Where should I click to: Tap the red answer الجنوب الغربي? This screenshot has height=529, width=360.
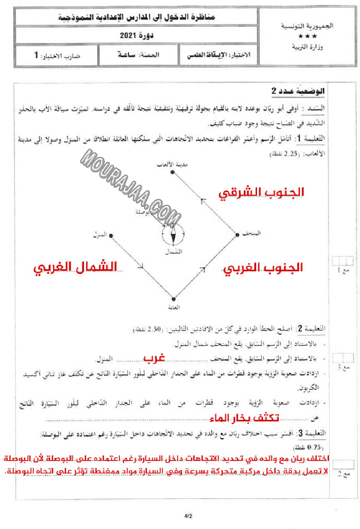(x=263, y=268)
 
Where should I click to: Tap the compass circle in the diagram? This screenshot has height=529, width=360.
(x=173, y=234)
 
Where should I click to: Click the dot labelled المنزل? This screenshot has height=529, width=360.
(x=111, y=235)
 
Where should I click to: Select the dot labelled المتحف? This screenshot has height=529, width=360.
(x=237, y=235)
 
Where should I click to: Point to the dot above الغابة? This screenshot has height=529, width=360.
(x=173, y=298)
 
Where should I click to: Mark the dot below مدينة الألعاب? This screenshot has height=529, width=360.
(x=173, y=173)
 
